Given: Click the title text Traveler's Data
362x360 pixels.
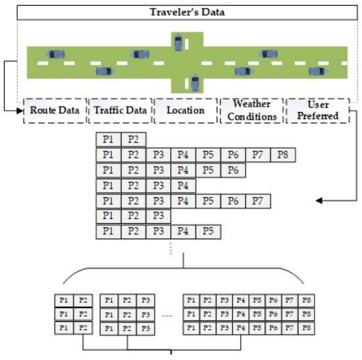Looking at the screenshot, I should click(x=180, y=11).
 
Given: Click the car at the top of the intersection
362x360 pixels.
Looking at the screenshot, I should click(x=178, y=41).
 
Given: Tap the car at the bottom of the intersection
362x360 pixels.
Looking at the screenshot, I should click(x=195, y=82).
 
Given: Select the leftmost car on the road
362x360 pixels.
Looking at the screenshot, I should click(x=53, y=54).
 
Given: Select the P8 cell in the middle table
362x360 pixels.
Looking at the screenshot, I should click(x=283, y=156).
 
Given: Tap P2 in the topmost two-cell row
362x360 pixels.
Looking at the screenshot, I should click(x=133, y=140).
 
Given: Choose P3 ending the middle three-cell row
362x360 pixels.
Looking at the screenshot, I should click(x=158, y=217).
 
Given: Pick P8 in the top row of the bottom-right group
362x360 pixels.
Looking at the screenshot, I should click(x=305, y=301).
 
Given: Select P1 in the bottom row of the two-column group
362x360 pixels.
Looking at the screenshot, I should click(x=64, y=328).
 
